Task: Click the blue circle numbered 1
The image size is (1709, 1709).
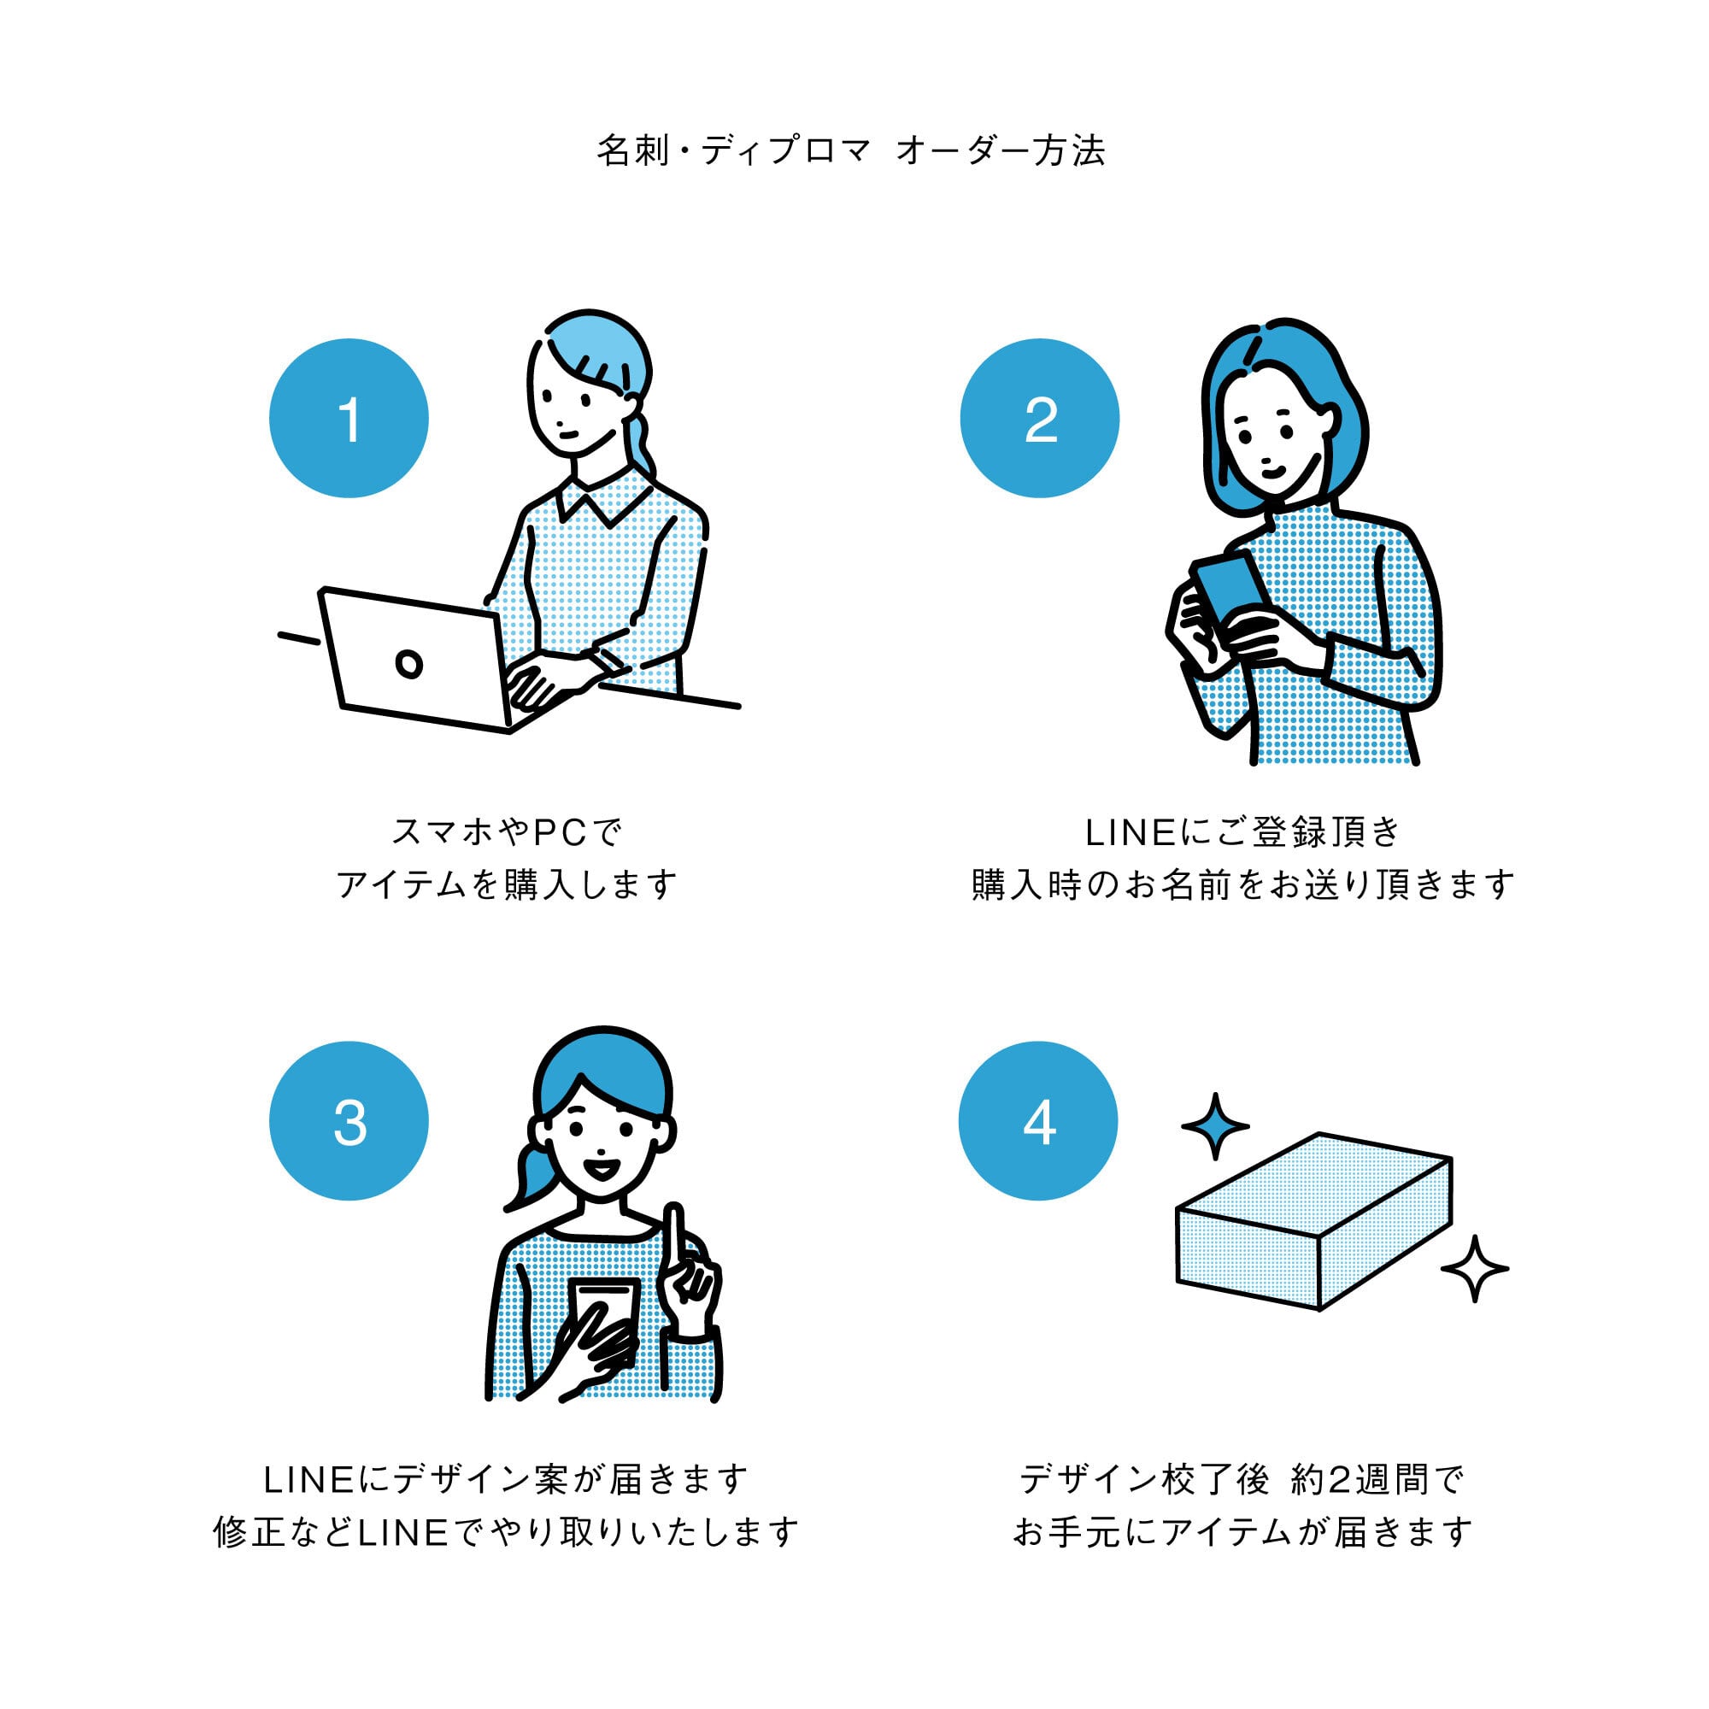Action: [x=349, y=419]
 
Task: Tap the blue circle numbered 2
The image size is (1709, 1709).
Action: [x=1039, y=419]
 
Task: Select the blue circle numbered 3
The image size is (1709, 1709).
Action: [x=349, y=1121]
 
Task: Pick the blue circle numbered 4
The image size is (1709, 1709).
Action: [x=1037, y=1121]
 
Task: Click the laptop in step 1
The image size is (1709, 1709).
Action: [x=416, y=659]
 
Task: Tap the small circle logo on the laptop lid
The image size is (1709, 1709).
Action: [x=408, y=663]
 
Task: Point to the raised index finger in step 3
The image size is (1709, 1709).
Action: [x=674, y=1234]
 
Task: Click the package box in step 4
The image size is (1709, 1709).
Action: [x=1313, y=1221]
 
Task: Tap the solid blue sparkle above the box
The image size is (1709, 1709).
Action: [x=1215, y=1126]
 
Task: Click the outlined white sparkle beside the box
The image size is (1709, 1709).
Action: [x=1474, y=1270]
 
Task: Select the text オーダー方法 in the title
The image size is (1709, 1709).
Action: [x=1001, y=151]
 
